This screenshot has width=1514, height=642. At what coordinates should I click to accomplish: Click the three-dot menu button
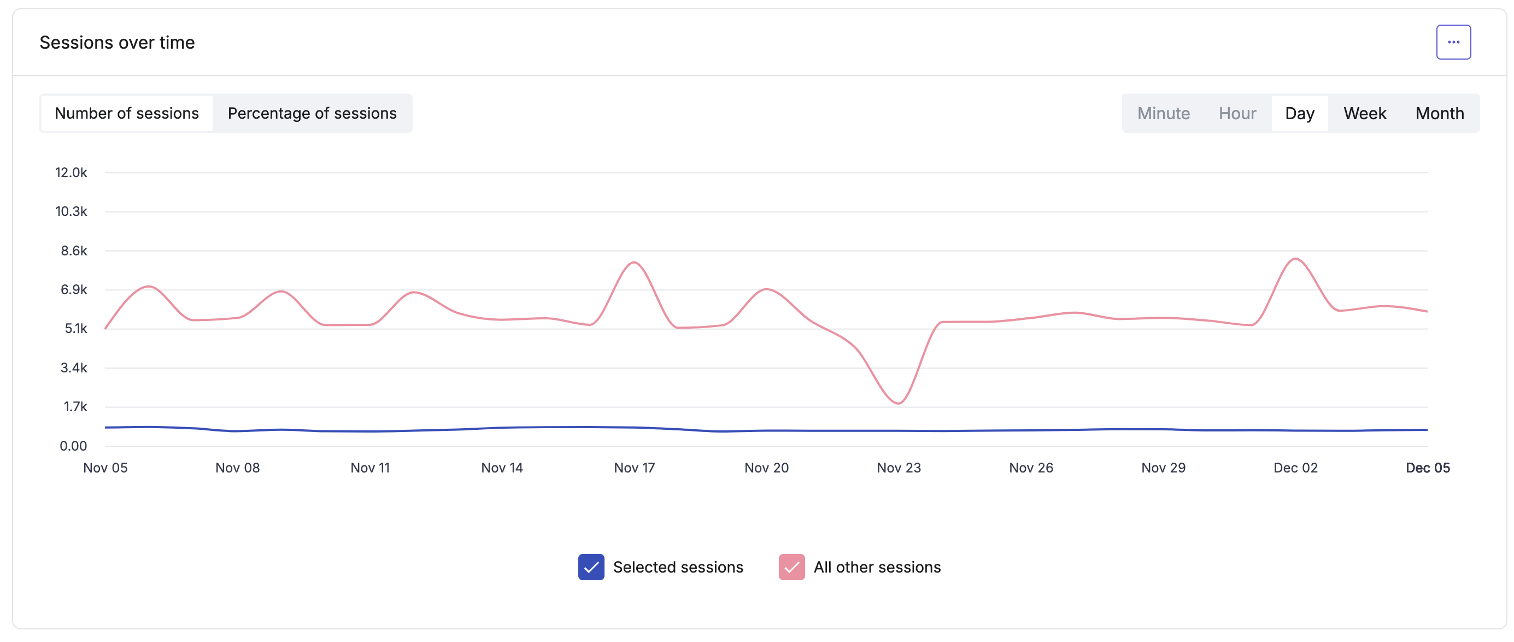(1453, 42)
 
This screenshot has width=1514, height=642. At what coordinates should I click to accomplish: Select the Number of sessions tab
(126, 113)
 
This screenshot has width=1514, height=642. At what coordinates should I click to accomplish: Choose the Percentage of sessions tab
(312, 113)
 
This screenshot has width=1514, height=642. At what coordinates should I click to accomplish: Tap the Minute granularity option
(1163, 113)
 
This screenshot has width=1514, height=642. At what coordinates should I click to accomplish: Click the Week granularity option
(1364, 113)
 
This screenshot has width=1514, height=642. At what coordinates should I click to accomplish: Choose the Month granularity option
(1439, 113)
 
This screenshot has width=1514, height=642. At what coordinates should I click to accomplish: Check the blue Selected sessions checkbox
(591, 567)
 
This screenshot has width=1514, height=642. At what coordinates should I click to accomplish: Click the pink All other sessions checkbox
(791, 567)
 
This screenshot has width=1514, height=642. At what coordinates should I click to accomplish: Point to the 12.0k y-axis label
(71, 172)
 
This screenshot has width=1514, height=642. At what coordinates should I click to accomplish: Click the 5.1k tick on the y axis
(75, 328)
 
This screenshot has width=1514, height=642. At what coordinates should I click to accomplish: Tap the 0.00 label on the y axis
(73, 446)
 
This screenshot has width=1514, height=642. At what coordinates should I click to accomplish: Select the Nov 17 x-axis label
(634, 468)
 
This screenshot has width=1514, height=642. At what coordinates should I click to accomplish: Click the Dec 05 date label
(1427, 468)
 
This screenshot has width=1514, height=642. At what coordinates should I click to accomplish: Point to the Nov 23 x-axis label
(899, 468)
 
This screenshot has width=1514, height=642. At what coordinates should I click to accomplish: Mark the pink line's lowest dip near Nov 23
(898, 404)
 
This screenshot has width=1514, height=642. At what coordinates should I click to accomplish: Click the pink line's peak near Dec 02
(1295, 259)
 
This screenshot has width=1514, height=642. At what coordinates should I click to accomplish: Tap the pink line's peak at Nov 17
(634, 262)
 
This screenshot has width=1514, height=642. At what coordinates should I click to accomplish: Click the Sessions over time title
(117, 42)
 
